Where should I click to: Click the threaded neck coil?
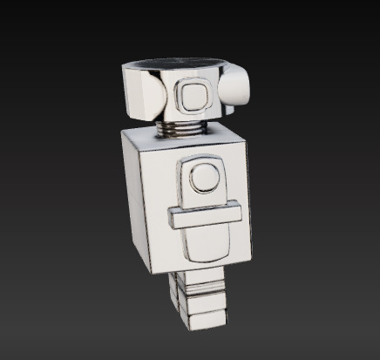pyautogui.click(x=182, y=129)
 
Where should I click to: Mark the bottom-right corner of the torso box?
pyautogui.click(x=250, y=260)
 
